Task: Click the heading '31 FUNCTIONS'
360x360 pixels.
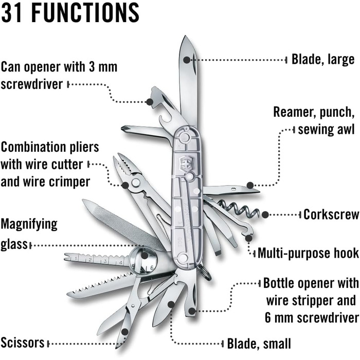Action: click(70, 12)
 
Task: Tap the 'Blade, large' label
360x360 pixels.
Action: click(323, 59)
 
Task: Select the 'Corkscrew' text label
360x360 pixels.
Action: click(330, 214)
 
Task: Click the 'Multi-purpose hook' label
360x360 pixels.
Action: click(308, 253)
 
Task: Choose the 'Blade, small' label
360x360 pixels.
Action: click(259, 343)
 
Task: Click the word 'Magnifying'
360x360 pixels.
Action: click(29, 224)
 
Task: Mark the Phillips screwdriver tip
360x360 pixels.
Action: click(125, 129)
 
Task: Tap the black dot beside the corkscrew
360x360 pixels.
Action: click(265, 214)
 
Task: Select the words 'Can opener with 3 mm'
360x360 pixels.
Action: click(59, 67)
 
